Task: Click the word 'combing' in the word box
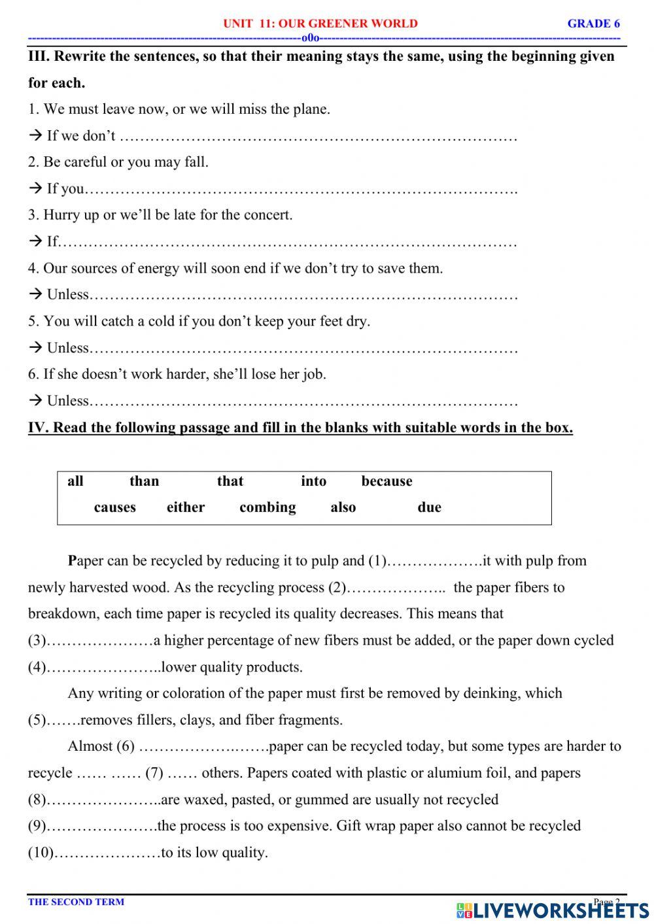tap(267, 507)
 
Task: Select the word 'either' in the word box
tap(186, 507)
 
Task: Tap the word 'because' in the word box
tap(387, 481)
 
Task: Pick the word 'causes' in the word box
tap(114, 507)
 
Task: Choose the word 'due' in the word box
tap(429, 507)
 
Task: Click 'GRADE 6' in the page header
tap(593, 24)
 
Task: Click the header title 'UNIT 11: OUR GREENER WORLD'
tap(320, 24)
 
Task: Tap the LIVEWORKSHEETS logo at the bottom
tap(553, 910)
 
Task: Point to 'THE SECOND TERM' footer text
tap(76, 902)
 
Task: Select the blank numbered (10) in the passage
tap(108, 853)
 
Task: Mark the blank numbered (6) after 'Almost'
tap(203, 747)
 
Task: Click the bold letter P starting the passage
tap(72, 561)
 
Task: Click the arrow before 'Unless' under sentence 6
tap(35, 401)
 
